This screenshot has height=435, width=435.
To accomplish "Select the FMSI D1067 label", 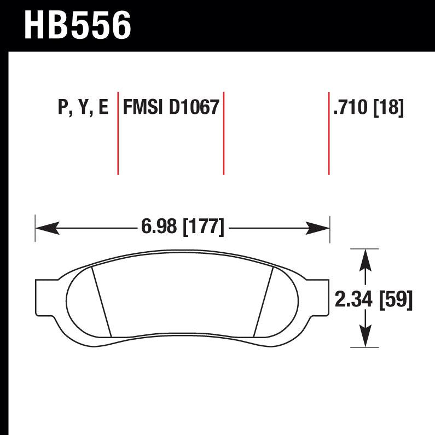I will pyautogui.click(x=171, y=107).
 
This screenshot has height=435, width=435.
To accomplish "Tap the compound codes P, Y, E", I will pyautogui.click(x=83, y=108).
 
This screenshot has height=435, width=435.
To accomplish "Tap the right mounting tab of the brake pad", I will pyautogui.click(x=318, y=298).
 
